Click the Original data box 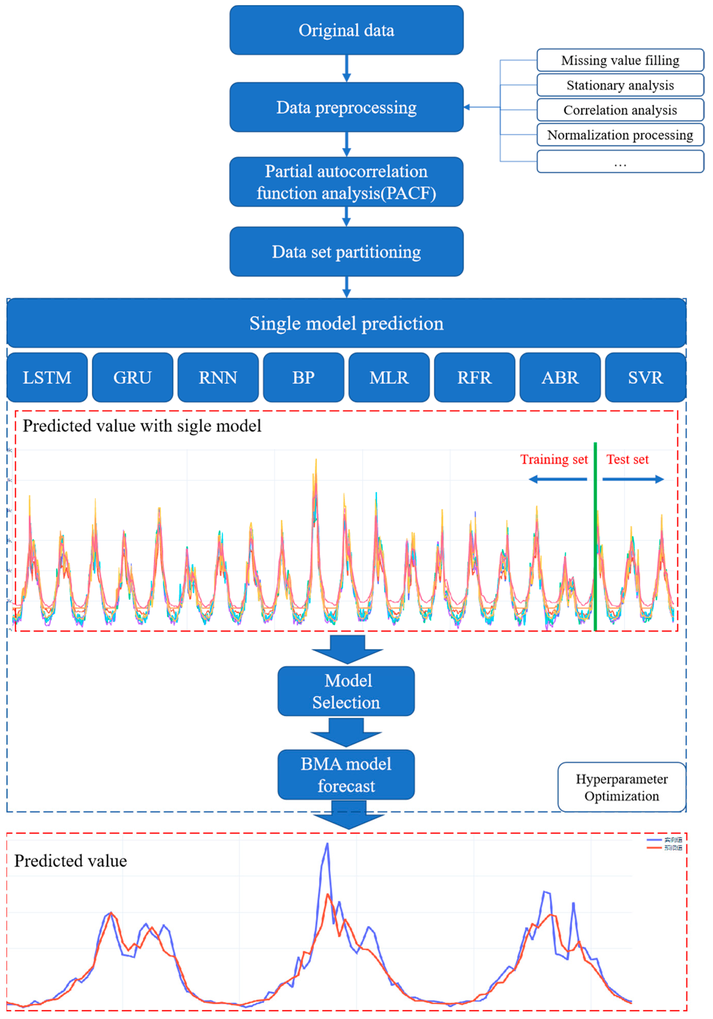tap(346, 30)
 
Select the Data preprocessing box tap(346, 107)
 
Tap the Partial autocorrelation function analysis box tap(346, 182)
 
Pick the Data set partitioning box tap(346, 252)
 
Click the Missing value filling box tap(620, 60)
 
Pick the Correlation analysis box tap(620, 110)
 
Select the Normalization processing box tap(620, 135)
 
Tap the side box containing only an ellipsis tap(620, 162)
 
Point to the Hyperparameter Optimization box tap(622, 787)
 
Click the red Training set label tap(554, 459)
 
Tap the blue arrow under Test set tap(633, 479)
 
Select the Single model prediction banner tap(346, 323)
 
